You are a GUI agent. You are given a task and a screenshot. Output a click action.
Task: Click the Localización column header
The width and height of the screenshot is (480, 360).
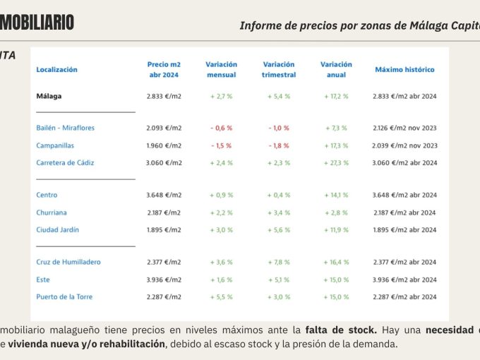56,70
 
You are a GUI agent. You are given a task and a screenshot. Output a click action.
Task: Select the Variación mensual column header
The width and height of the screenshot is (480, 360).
221,69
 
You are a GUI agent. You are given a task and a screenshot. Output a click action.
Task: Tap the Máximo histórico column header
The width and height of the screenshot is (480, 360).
404,70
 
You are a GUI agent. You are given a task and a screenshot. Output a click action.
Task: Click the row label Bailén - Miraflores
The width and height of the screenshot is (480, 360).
65,128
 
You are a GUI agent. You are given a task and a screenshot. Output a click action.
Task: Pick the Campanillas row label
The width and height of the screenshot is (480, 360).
56,145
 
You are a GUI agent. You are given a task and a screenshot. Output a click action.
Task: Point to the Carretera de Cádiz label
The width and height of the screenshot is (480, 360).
65,162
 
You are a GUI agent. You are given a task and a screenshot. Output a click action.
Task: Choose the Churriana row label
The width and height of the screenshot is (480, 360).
52,212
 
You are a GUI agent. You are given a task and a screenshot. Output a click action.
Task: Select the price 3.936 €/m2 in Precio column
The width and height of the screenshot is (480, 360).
164,280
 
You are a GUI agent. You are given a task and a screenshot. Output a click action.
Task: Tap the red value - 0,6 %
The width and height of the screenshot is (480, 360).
221,128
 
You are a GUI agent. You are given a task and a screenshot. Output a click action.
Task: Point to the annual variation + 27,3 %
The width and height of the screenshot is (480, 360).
336,162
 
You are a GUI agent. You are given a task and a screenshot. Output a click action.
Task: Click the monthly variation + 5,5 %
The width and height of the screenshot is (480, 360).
221,296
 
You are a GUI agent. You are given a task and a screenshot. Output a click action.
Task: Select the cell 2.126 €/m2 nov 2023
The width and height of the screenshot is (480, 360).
404,128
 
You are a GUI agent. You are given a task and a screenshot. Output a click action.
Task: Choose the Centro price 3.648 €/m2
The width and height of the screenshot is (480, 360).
164,195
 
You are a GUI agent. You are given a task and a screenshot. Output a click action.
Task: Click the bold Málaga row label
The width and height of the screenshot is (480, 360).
49,95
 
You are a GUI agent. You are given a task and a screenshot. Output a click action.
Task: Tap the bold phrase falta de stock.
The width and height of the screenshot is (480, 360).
340,330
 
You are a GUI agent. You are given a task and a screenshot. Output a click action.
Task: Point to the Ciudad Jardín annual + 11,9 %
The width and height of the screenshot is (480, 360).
336,229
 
